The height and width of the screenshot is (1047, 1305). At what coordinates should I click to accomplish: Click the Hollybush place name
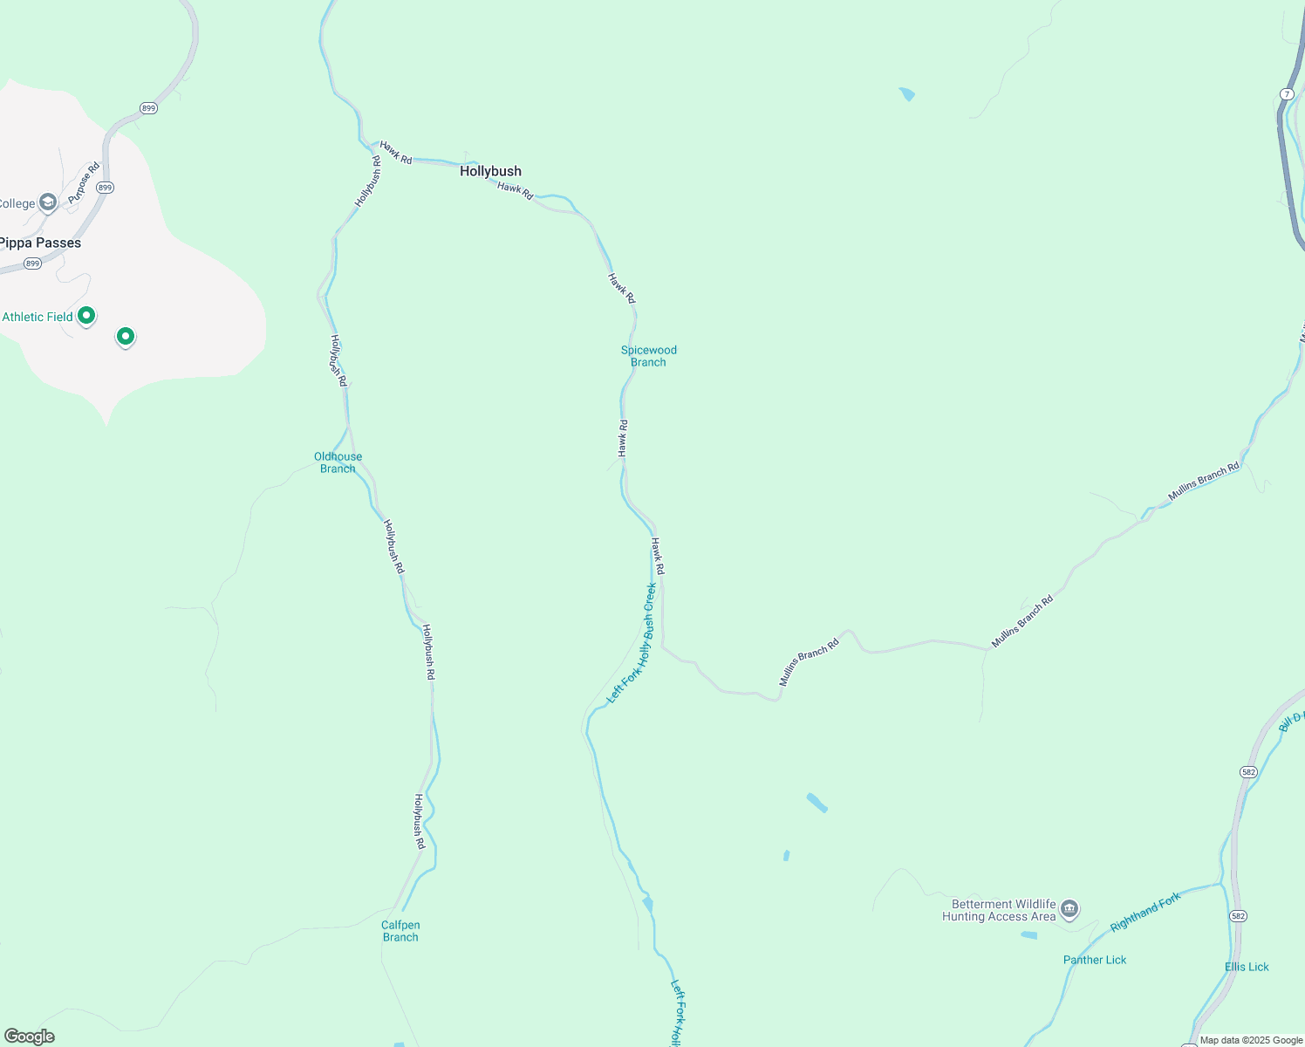490,171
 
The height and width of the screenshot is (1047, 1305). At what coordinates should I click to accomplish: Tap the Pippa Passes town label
40,243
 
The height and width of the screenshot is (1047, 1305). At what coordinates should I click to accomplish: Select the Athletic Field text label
38,317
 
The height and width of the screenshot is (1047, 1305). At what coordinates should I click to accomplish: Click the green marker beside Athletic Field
86,316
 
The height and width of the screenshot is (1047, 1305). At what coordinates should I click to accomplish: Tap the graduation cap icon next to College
48,203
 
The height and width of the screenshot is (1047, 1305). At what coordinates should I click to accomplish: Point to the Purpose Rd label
84,183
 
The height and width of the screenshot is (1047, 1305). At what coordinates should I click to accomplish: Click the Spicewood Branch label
648,356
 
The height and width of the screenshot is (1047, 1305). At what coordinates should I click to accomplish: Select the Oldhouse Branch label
338,462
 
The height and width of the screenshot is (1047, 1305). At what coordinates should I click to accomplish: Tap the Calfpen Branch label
400,931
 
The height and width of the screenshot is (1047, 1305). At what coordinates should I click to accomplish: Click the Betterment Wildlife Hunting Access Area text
999,910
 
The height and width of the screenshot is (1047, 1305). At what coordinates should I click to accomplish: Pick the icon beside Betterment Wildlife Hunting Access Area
1070,910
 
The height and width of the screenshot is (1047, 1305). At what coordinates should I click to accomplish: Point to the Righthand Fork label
1145,911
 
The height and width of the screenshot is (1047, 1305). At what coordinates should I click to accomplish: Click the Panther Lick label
1095,960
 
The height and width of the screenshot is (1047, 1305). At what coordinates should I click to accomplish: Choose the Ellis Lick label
1247,967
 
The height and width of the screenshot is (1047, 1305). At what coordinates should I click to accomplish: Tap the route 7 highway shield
1288,94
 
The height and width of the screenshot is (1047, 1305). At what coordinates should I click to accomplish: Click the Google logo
29,1037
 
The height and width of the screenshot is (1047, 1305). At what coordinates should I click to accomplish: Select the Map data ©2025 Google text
1251,1040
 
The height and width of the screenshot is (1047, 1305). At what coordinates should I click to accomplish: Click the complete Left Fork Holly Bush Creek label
632,643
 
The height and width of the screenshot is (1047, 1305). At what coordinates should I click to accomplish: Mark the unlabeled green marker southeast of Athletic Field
126,336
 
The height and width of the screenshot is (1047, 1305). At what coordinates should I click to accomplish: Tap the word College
17,203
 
